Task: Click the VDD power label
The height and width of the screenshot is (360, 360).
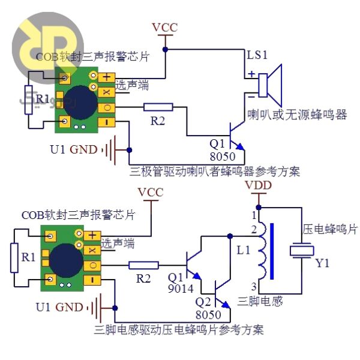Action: tap(259, 185)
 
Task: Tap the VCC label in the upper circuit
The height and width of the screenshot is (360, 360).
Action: tap(165, 28)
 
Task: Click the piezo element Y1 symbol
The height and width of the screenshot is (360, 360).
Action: tap(302, 250)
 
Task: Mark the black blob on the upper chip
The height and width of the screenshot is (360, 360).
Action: tap(78, 101)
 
